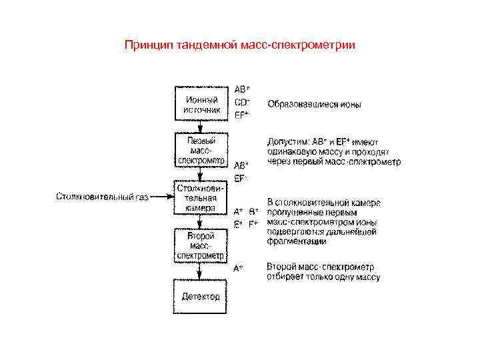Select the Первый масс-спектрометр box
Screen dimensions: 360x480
point(201,151)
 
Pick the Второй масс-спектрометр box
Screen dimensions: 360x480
point(201,246)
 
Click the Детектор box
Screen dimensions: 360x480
point(201,297)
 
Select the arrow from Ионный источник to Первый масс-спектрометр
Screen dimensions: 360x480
point(201,128)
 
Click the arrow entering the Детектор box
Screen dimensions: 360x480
point(201,273)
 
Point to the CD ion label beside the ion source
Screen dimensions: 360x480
point(242,102)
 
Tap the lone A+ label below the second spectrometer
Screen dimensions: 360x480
point(239,269)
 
